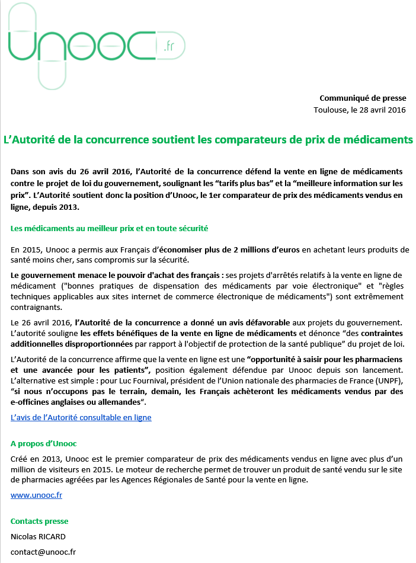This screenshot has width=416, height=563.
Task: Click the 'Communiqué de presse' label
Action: (x=363, y=98)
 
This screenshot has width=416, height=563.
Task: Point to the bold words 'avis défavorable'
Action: (x=260, y=322)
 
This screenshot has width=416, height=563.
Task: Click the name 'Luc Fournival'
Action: (x=206, y=380)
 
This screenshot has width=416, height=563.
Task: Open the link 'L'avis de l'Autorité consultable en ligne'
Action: (x=81, y=417)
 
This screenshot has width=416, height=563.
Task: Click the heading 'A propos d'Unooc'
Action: (x=44, y=443)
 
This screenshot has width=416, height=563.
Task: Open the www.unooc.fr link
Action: (x=36, y=494)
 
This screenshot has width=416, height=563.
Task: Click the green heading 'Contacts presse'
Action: (x=40, y=522)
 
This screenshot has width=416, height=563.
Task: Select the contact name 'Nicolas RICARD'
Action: (x=38, y=537)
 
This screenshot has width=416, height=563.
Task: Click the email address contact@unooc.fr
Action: (x=43, y=552)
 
